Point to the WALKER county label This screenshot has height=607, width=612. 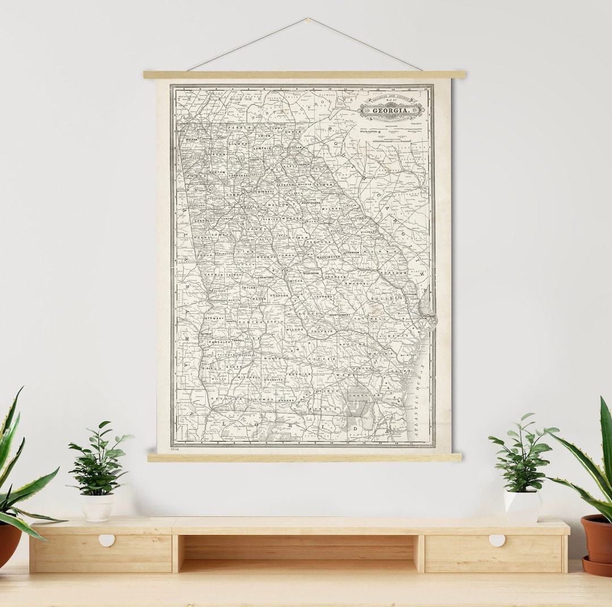[x=191, y=138]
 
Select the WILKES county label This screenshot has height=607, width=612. [x=331, y=208]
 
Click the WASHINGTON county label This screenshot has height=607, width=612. [x=328, y=257]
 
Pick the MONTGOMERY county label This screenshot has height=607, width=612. [x=339, y=315]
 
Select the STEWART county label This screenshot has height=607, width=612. [x=215, y=319]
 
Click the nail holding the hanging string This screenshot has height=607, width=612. [x=307, y=20]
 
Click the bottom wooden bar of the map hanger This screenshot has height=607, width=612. [x=304, y=457]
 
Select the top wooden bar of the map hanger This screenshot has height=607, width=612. [x=304, y=74]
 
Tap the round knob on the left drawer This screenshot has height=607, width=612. [x=107, y=540]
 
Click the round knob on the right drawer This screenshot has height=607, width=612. [x=497, y=540]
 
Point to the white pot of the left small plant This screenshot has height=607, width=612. [x=97, y=507]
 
